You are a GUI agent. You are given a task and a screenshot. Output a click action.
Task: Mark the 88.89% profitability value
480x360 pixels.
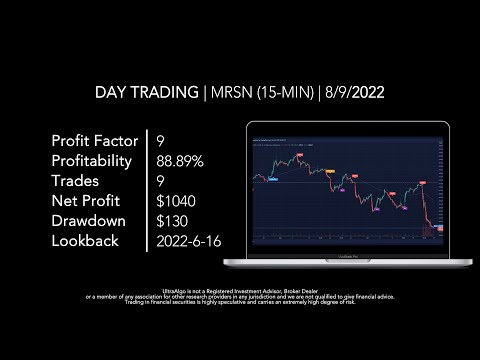(182, 160)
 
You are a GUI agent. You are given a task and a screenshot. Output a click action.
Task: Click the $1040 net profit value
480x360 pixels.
(176, 201)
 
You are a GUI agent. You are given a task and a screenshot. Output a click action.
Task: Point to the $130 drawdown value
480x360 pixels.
(172, 221)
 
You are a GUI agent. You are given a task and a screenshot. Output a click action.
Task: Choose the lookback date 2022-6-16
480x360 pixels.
(191, 241)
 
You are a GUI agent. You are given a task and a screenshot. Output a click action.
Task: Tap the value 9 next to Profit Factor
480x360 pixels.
(161, 140)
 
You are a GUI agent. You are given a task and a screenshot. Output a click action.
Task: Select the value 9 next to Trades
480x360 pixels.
(161, 181)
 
